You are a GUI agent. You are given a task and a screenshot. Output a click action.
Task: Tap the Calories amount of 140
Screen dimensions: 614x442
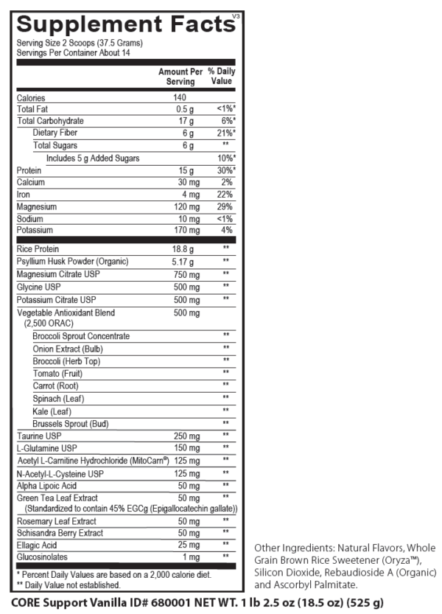click(x=180, y=97)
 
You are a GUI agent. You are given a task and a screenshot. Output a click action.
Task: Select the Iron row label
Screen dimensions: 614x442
click(x=24, y=195)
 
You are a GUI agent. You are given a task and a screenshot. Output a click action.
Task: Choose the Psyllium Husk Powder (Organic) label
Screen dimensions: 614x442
click(x=72, y=262)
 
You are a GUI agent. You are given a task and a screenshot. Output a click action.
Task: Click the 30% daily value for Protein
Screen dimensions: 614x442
click(x=225, y=170)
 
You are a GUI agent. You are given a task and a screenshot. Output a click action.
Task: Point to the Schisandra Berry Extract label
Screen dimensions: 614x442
click(x=60, y=532)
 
